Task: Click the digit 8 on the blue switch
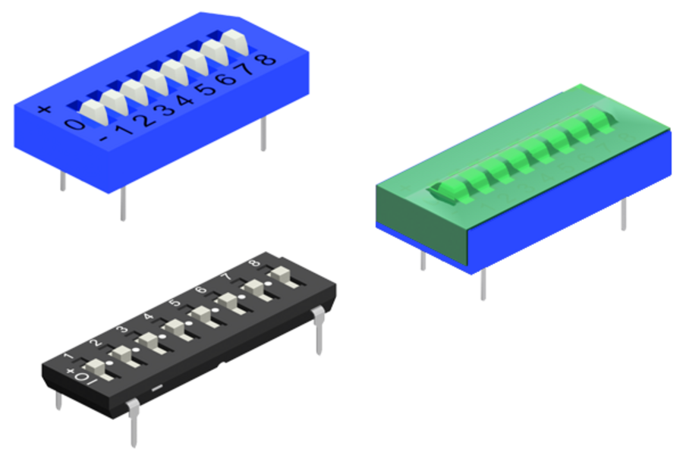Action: [267, 58]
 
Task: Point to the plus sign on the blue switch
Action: [44, 109]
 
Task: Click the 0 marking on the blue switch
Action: [74, 124]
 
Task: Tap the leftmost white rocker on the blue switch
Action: [95, 110]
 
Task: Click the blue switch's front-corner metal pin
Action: [123, 203]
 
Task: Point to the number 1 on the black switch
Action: [69, 354]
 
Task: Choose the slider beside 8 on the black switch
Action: [282, 274]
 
